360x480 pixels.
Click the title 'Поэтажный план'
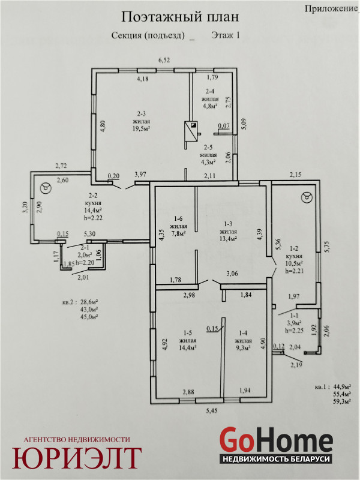(x=180, y=17)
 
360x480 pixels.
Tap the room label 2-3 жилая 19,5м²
(x=141, y=121)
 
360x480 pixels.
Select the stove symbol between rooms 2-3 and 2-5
(x=191, y=131)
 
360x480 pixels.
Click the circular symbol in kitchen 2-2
(x=46, y=188)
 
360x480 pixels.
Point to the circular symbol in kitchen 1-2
(x=307, y=197)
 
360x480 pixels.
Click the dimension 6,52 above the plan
(x=164, y=60)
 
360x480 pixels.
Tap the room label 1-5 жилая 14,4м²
(x=187, y=340)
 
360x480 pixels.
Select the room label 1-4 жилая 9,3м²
(x=243, y=340)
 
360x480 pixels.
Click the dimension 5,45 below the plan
(x=212, y=410)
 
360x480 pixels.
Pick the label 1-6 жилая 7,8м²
(x=178, y=226)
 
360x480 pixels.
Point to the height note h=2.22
(x=93, y=218)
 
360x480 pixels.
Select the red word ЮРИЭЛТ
(x=77, y=458)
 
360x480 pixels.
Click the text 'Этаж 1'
(x=226, y=35)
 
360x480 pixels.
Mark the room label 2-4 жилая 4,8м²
(x=210, y=98)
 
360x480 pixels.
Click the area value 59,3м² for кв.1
(x=341, y=401)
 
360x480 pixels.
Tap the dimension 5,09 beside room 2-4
(x=244, y=124)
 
